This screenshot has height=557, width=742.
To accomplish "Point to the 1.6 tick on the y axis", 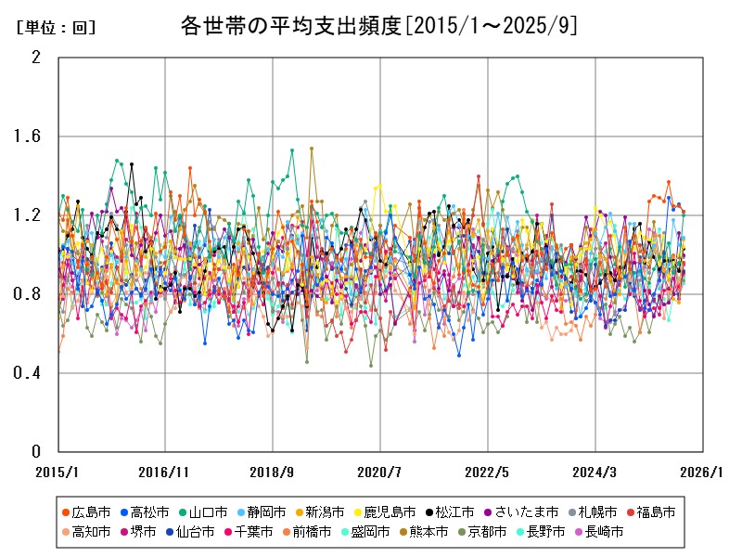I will tap(30, 136).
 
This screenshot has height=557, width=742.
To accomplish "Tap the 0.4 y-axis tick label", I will tap(30, 373).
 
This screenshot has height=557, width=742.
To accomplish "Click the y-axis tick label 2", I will tap(36, 58).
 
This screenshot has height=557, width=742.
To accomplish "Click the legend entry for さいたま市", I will tap(526, 512).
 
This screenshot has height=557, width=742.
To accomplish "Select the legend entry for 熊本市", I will tap(429, 532).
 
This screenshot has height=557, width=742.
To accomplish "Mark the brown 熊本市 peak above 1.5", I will tap(312, 148).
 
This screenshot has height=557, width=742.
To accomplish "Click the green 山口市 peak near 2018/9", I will tap(292, 149).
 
